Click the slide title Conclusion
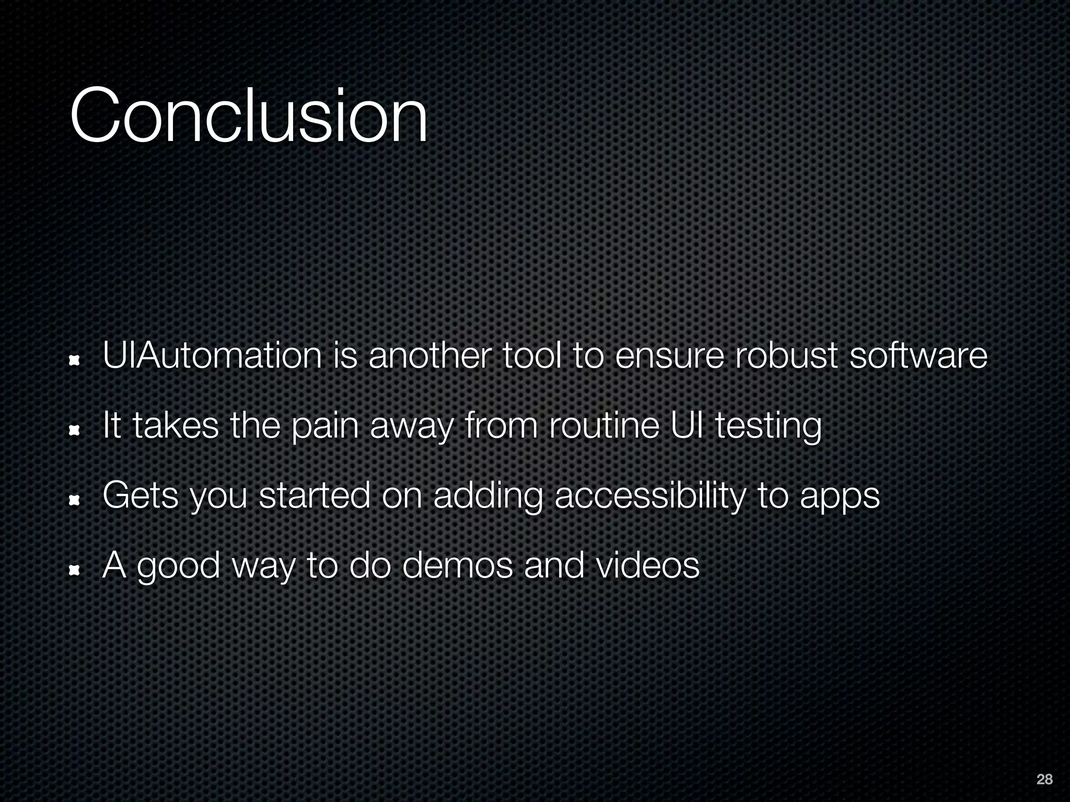(x=249, y=115)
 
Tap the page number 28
(x=1044, y=780)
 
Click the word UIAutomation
(x=212, y=356)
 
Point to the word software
(x=918, y=356)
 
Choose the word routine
(x=604, y=426)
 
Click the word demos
(x=458, y=565)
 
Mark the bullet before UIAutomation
(x=75, y=360)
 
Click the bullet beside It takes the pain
(x=75, y=430)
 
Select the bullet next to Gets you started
(x=75, y=500)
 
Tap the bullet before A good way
(x=75, y=570)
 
